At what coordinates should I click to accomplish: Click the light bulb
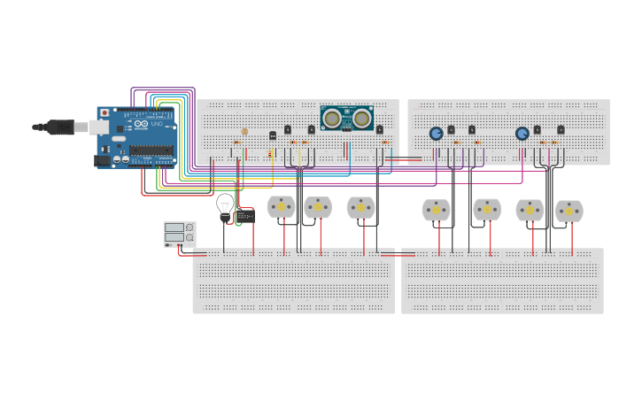pos(225,204)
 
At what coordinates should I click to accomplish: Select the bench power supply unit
pos(179,234)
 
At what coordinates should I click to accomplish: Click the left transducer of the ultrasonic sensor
pos(332,118)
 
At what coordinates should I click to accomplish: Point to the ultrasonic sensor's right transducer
pos(361,118)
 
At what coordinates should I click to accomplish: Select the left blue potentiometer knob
pos(436,134)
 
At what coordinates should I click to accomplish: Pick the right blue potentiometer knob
pos(522,134)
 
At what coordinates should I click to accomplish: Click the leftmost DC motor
pos(281,206)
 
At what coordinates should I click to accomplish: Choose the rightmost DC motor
pos(569,211)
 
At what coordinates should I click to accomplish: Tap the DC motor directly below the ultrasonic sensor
pos(360,207)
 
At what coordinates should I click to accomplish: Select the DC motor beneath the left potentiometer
pos(436,210)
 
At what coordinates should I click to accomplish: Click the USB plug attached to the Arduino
pos(62,127)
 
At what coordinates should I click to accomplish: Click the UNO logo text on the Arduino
pos(157,125)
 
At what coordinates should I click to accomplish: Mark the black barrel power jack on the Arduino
pos(103,160)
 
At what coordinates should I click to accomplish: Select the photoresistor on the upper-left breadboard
pos(245,131)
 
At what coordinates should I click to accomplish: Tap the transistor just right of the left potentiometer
pos(451,130)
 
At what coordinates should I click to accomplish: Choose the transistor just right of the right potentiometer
pos(537,130)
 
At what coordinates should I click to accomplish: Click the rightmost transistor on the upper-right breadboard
pos(561,130)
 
